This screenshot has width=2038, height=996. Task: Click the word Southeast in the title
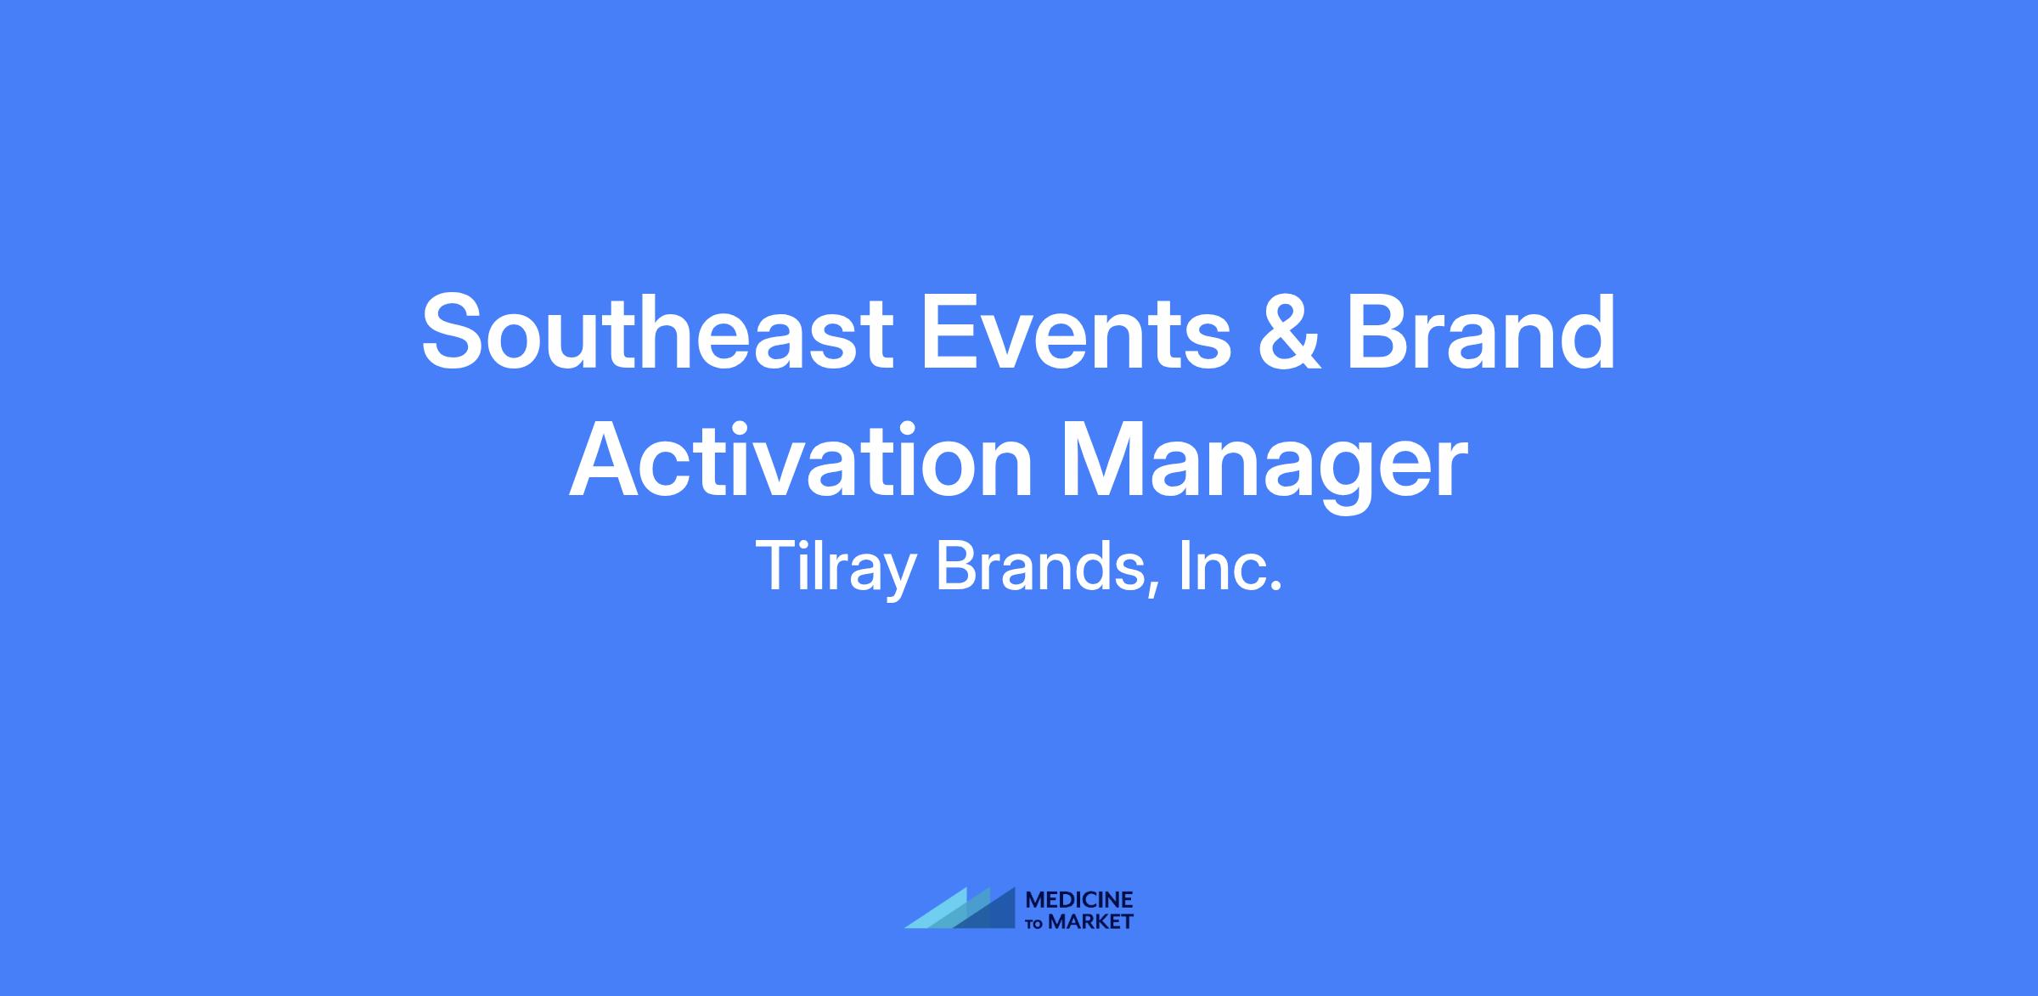[657, 331]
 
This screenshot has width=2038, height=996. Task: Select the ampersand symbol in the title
[1290, 331]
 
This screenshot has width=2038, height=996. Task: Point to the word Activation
[801, 459]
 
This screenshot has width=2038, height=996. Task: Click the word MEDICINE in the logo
[1079, 899]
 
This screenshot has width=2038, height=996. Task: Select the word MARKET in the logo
[1090, 921]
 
